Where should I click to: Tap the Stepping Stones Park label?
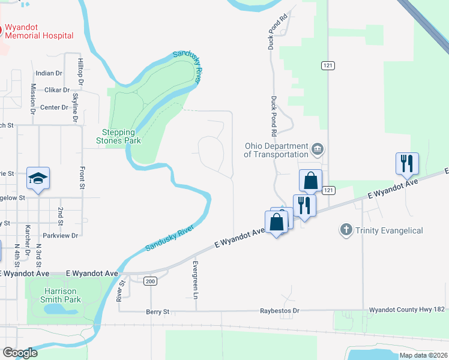tap(118, 136)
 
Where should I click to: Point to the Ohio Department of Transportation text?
tap(276, 150)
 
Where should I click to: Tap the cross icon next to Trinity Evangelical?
tap(345, 230)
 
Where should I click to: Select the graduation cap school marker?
tap(38, 178)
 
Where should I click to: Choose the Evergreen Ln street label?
tap(196, 279)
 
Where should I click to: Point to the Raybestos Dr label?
tap(279, 311)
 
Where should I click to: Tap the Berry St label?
tap(158, 311)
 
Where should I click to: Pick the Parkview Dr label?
tap(61, 235)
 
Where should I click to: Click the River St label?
tap(121, 291)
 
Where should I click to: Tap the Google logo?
tap(20, 353)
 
